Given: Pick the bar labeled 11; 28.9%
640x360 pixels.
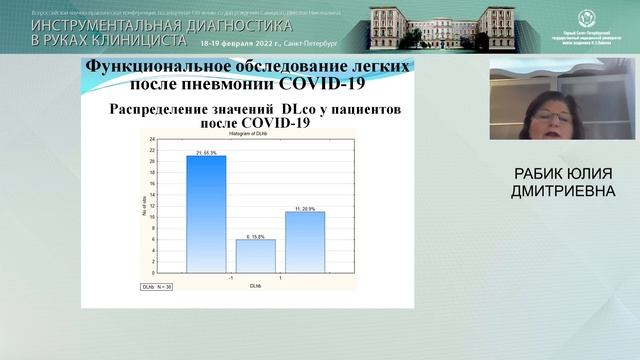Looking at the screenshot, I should pos(305,241).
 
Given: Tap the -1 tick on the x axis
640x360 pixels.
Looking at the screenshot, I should pos(231,277).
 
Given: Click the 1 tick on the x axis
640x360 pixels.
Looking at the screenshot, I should pos(281,277).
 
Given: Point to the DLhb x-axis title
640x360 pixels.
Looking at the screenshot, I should pos(256,286).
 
